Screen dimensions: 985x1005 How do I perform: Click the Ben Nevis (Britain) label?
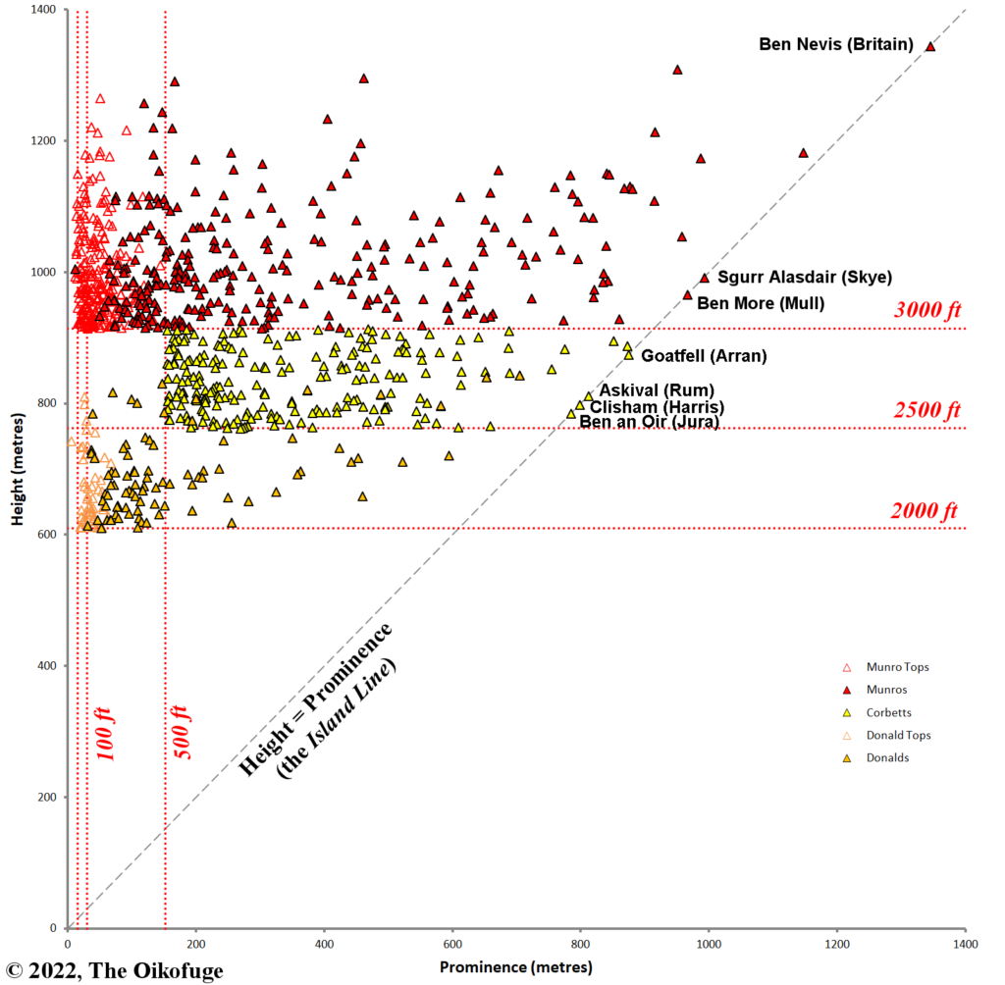[x=836, y=44]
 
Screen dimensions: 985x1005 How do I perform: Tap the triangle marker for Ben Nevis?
[x=930, y=46]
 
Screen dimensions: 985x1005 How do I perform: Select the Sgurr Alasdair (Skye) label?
[x=792, y=278]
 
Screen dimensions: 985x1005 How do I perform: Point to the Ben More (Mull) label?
[x=761, y=303]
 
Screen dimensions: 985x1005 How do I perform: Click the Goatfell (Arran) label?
[x=704, y=356]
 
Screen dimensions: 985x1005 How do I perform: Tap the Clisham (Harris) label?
[x=657, y=407]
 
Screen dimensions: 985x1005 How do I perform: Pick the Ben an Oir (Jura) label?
[x=649, y=422]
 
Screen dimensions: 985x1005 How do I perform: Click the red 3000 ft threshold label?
[x=927, y=310]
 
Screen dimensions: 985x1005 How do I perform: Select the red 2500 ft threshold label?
[x=926, y=410]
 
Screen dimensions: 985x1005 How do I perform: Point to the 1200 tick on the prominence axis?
[x=836, y=944]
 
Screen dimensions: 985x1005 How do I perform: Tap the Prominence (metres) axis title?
[x=516, y=967]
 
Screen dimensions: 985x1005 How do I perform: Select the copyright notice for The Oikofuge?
[x=113, y=971]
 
